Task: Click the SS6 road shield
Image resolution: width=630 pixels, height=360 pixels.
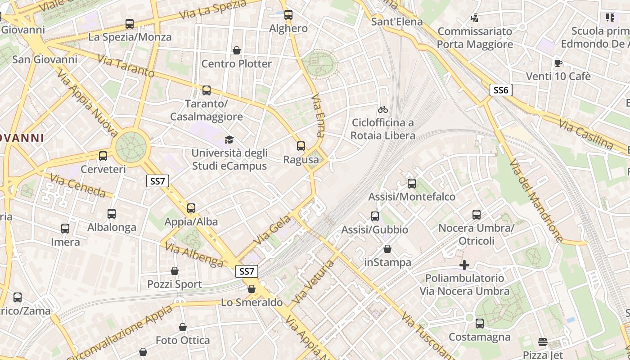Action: pos(501,90)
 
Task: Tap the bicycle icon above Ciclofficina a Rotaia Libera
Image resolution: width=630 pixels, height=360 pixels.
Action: pos(383,109)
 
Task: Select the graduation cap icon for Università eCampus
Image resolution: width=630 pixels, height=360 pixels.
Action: pos(229,139)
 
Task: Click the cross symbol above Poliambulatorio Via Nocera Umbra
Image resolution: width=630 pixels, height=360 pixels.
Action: pos(464,265)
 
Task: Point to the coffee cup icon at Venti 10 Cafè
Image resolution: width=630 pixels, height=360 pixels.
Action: pos(558,63)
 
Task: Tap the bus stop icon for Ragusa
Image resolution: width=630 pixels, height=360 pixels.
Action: pos(301,146)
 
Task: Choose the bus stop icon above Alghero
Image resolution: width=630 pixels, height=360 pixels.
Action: pos(288,15)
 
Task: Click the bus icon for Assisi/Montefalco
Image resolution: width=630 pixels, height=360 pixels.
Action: pos(412,184)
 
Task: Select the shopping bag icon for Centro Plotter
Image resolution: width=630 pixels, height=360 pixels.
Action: pos(237,50)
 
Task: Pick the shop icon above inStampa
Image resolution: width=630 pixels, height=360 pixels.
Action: pos(387,249)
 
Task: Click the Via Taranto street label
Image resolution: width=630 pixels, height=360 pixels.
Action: pos(126,66)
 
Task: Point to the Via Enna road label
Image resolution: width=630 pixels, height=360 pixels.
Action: pos(318,115)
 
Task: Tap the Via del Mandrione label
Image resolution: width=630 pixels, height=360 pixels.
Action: pos(535,200)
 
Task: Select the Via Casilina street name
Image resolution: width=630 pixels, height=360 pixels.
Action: pos(586,134)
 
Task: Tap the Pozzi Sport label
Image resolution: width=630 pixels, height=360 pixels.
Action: pos(175,284)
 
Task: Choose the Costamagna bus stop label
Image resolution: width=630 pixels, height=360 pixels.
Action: pos(480,337)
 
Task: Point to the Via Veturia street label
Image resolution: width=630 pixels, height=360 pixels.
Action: pos(313,281)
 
